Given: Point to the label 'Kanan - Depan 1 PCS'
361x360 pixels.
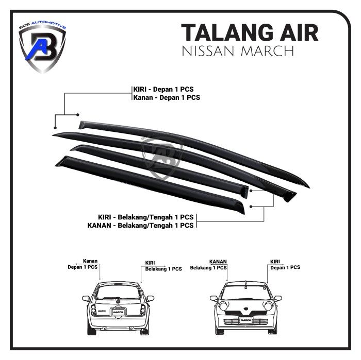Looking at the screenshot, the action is (166, 97).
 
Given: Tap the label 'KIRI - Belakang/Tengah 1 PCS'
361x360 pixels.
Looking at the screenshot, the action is (146, 217).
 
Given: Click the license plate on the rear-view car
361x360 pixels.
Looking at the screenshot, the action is (118, 312).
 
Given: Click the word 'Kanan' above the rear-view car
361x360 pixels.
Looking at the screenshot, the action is (90, 261).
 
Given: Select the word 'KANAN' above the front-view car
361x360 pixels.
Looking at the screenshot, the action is (219, 262).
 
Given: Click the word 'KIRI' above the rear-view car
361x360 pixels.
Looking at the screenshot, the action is (151, 262).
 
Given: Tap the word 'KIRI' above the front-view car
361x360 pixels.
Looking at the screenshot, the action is (276, 262).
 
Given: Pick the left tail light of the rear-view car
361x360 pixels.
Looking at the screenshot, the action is (93, 310).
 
